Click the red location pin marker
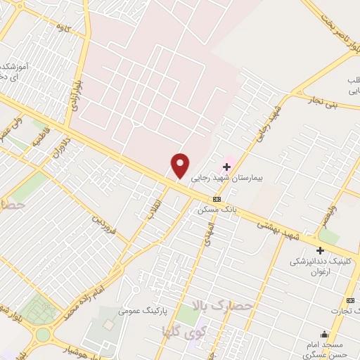(x=181, y=166)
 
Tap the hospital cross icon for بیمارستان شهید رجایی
(x=226, y=167)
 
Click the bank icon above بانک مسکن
(x=216, y=199)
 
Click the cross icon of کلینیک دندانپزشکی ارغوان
(x=320, y=250)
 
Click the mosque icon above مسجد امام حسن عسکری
(x=324, y=335)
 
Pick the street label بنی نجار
(x=326, y=102)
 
